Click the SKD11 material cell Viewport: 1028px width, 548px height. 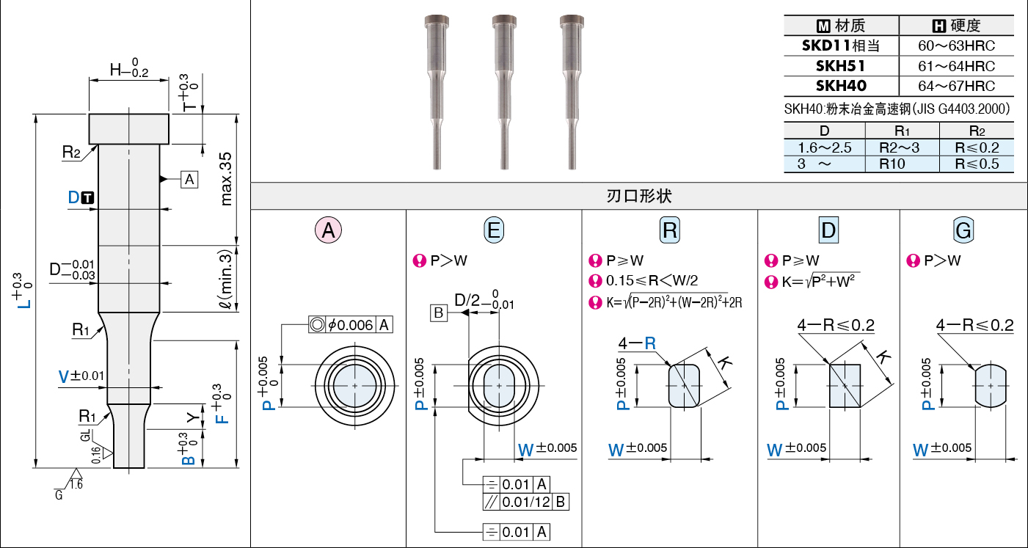point(841,46)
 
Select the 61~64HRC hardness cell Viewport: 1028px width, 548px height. point(956,66)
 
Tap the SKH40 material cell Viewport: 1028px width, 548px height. point(841,86)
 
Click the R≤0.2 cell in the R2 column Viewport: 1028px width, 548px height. point(977,147)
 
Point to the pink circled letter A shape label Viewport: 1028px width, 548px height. point(328,230)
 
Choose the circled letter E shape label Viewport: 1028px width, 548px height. point(494,230)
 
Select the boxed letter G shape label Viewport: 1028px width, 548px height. point(963,230)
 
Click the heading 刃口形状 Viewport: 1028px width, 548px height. point(639,196)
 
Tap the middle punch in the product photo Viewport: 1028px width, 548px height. point(504,92)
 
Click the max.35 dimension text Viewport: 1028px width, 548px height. point(226,179)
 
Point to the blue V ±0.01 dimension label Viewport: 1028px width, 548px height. point(81,376)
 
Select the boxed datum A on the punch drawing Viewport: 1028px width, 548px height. point(189,180)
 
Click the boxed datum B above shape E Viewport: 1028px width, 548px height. point(439,313)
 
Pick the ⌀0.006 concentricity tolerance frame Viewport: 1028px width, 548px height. point(351,325)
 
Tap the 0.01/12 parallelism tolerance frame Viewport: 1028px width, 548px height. point(526,502)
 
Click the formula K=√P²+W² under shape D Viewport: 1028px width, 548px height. point(818,281)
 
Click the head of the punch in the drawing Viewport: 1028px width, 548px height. point(129,129)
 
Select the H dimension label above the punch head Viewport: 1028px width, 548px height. point(129,68)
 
